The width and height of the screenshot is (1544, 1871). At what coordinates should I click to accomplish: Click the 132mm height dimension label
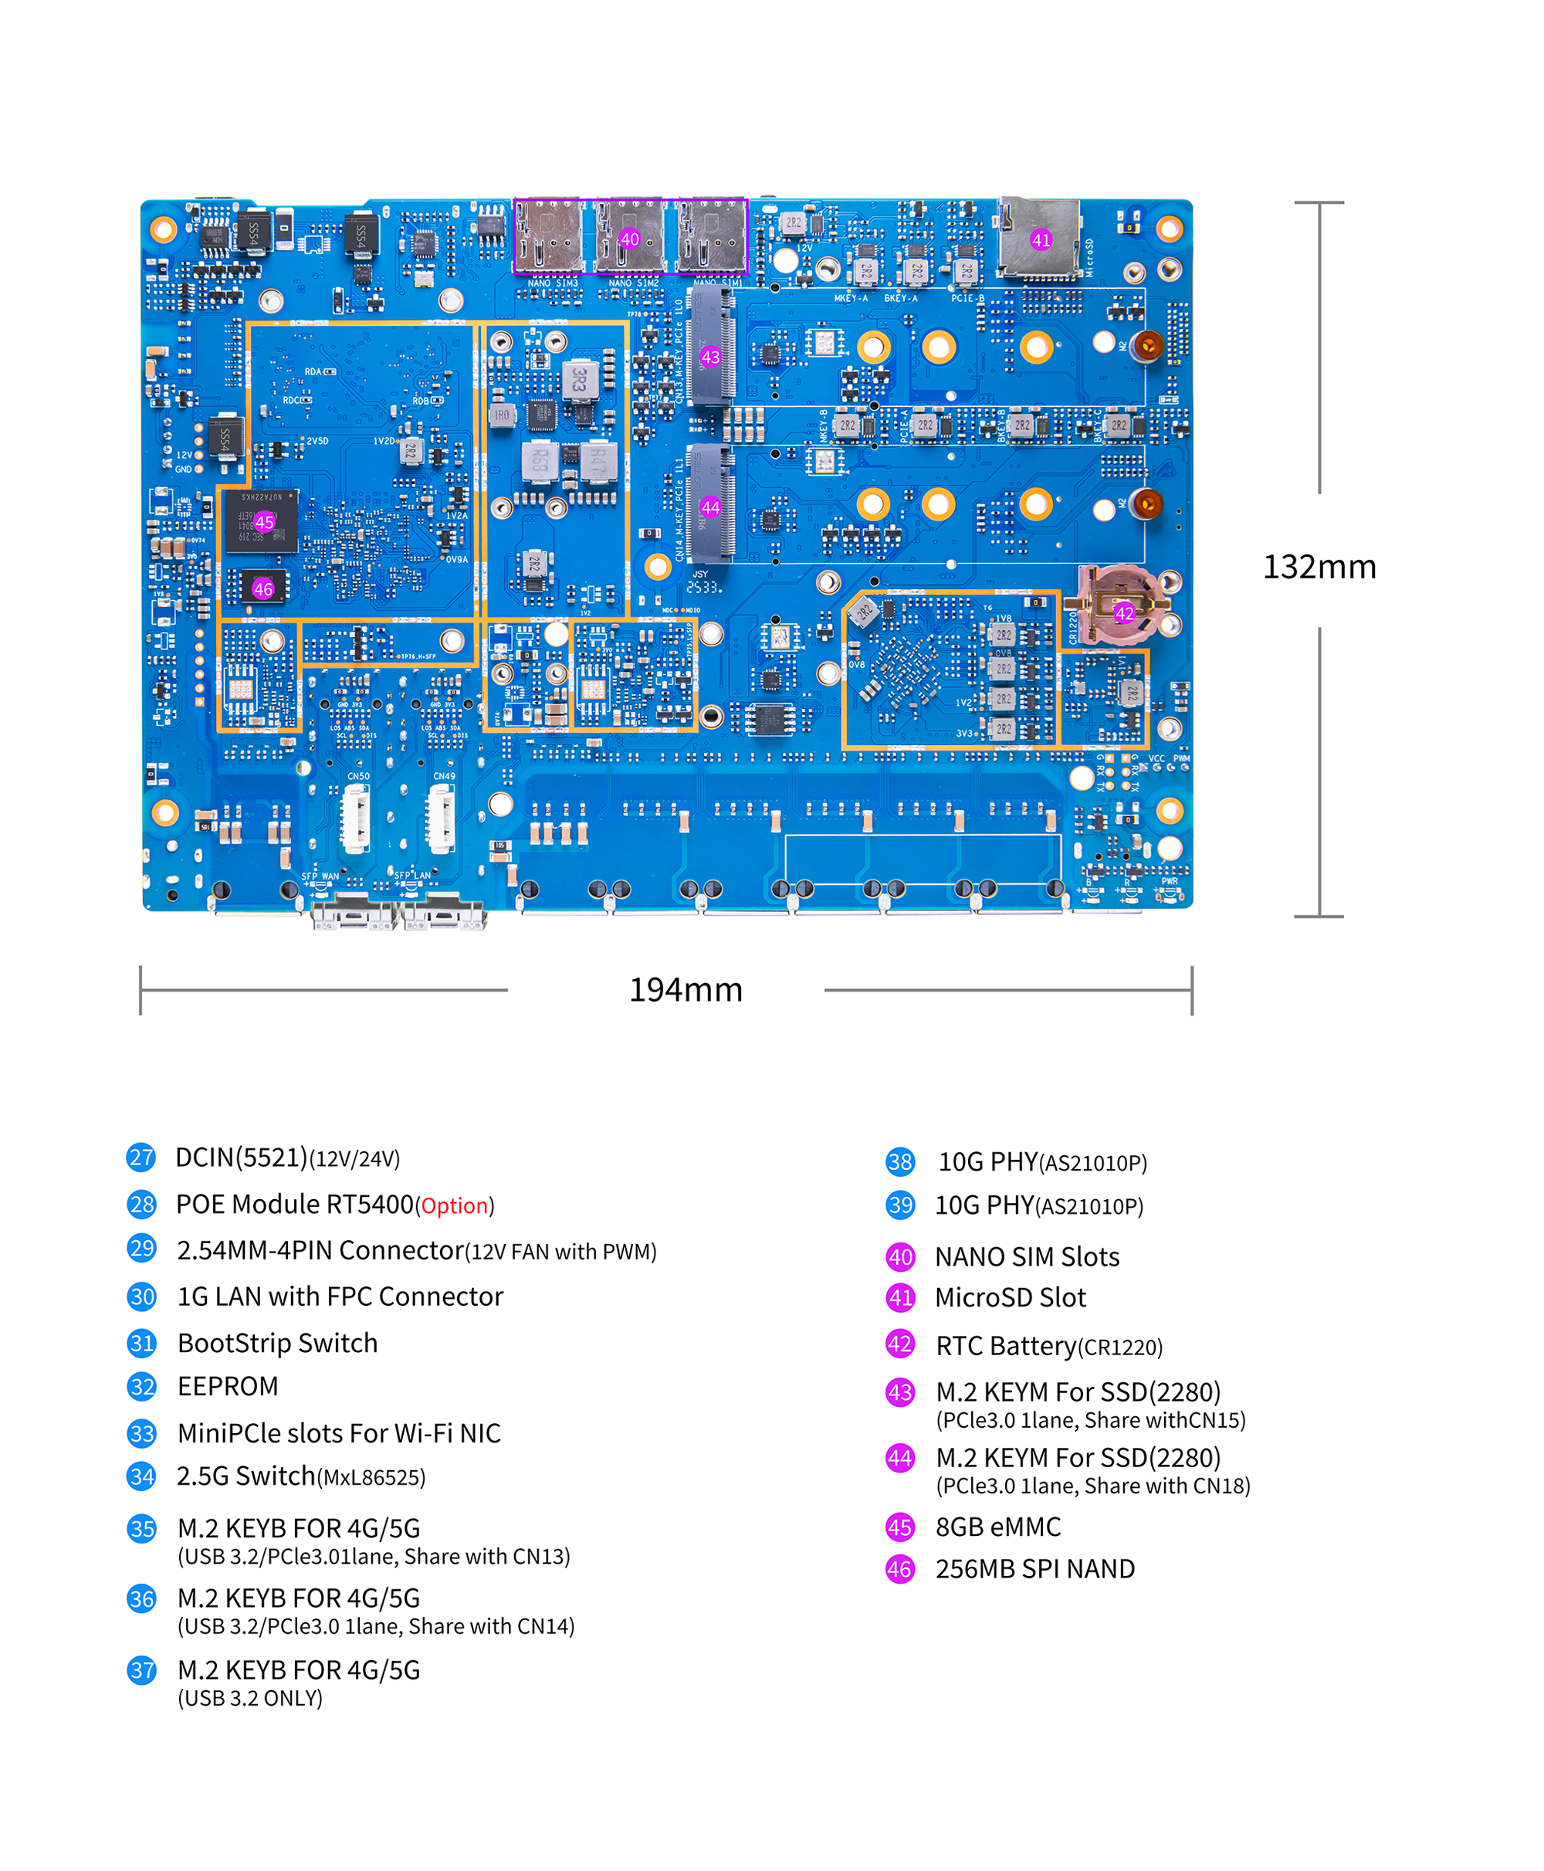click(1319, 567)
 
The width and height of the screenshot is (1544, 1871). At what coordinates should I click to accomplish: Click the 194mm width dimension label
click(686, 989)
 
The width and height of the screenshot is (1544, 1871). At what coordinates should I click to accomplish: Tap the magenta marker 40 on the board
click(630, 239)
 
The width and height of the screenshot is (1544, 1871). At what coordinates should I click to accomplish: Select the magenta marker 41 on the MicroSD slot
click(1041, 239)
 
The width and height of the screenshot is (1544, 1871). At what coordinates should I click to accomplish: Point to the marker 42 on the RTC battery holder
click(1124, 613)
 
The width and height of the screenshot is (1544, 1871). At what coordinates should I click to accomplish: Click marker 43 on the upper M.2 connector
click(709, 357)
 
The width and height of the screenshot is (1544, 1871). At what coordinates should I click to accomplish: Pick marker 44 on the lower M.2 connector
click(709, 507)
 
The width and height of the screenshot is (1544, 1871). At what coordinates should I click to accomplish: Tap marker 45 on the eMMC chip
click(264, 522)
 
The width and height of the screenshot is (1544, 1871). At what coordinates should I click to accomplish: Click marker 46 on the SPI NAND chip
click(263, 589)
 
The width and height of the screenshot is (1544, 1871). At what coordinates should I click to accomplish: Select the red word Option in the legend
click(455, 1205)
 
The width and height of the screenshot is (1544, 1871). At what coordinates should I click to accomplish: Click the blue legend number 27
click(141, 1157)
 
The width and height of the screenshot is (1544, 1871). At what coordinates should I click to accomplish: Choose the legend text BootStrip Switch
click(277, 1343)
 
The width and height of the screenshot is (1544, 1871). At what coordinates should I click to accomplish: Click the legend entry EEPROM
click(228, 1386)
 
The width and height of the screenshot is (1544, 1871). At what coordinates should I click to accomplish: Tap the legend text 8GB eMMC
click(998, 1527)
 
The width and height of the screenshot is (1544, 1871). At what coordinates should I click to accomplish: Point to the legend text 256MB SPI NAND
click(1034, 1568)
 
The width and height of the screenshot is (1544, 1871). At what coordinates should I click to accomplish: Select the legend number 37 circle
click(141, 1670)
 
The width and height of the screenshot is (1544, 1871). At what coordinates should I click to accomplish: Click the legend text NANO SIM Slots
click(1026, 1256)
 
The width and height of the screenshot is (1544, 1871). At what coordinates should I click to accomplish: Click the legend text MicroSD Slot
click(1010, 1297)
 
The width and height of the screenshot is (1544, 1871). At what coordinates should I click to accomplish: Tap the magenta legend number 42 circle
click(900, 1344)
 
